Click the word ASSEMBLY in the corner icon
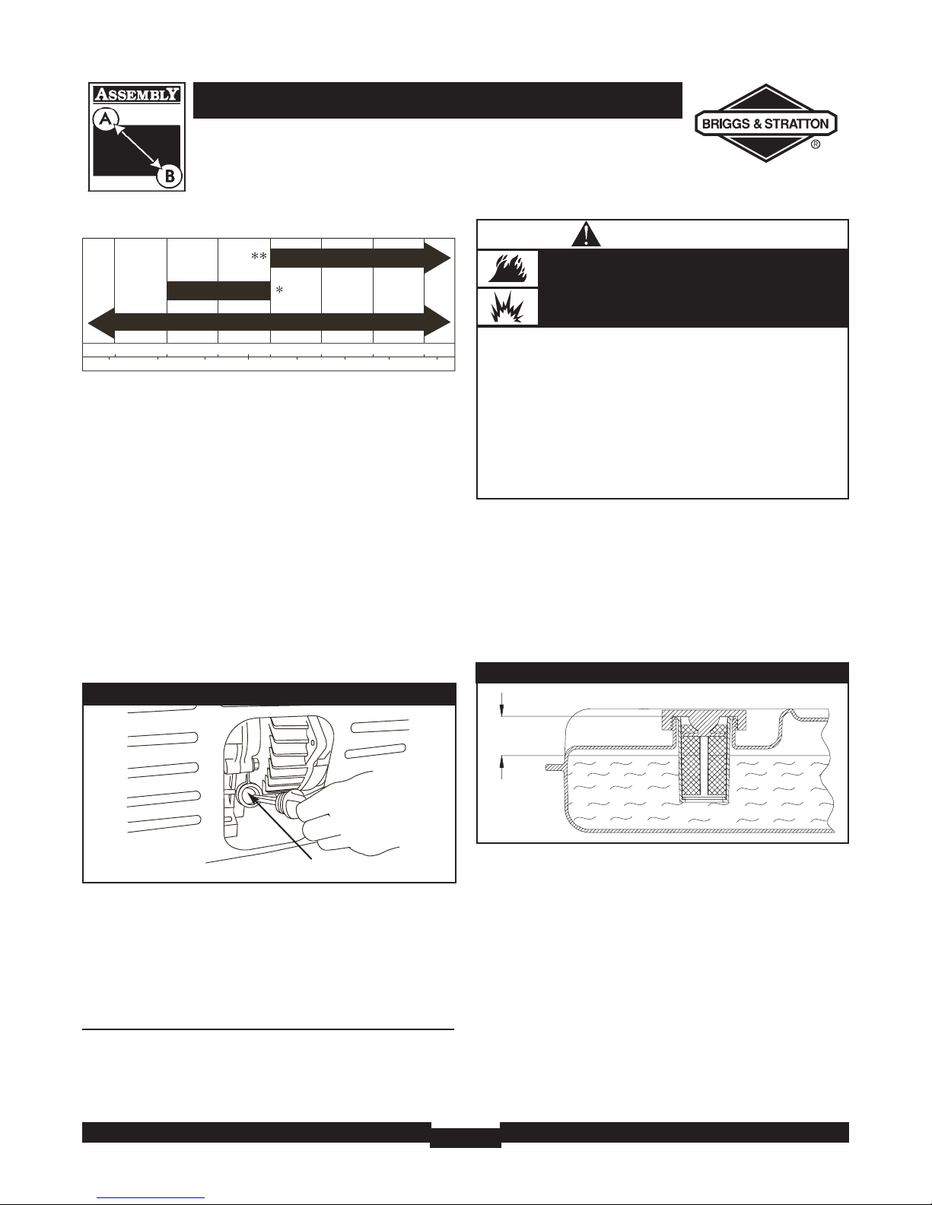click(x=136, y=94)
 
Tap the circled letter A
click(x=106, y=119)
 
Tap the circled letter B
click(x=169, y=176)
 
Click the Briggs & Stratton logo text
click(x=765, y=124)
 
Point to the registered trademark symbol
click(x=816, y=144)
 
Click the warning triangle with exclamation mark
click(x=586, y=235)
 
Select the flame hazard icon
click(x=507, y=269)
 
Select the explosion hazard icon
click(x=507, y=306)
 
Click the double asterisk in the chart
click(x=259, y=256)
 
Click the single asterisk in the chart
click(x=280, y=290)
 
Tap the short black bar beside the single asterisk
click(x=218, y=291)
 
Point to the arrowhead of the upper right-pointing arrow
click(x=437, y=258)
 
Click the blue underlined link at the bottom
click(x=151, y=1198)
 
